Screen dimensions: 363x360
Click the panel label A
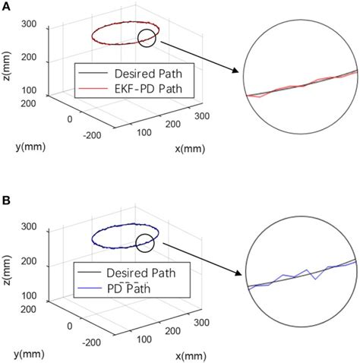6,7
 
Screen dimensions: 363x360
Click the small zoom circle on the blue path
145,242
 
